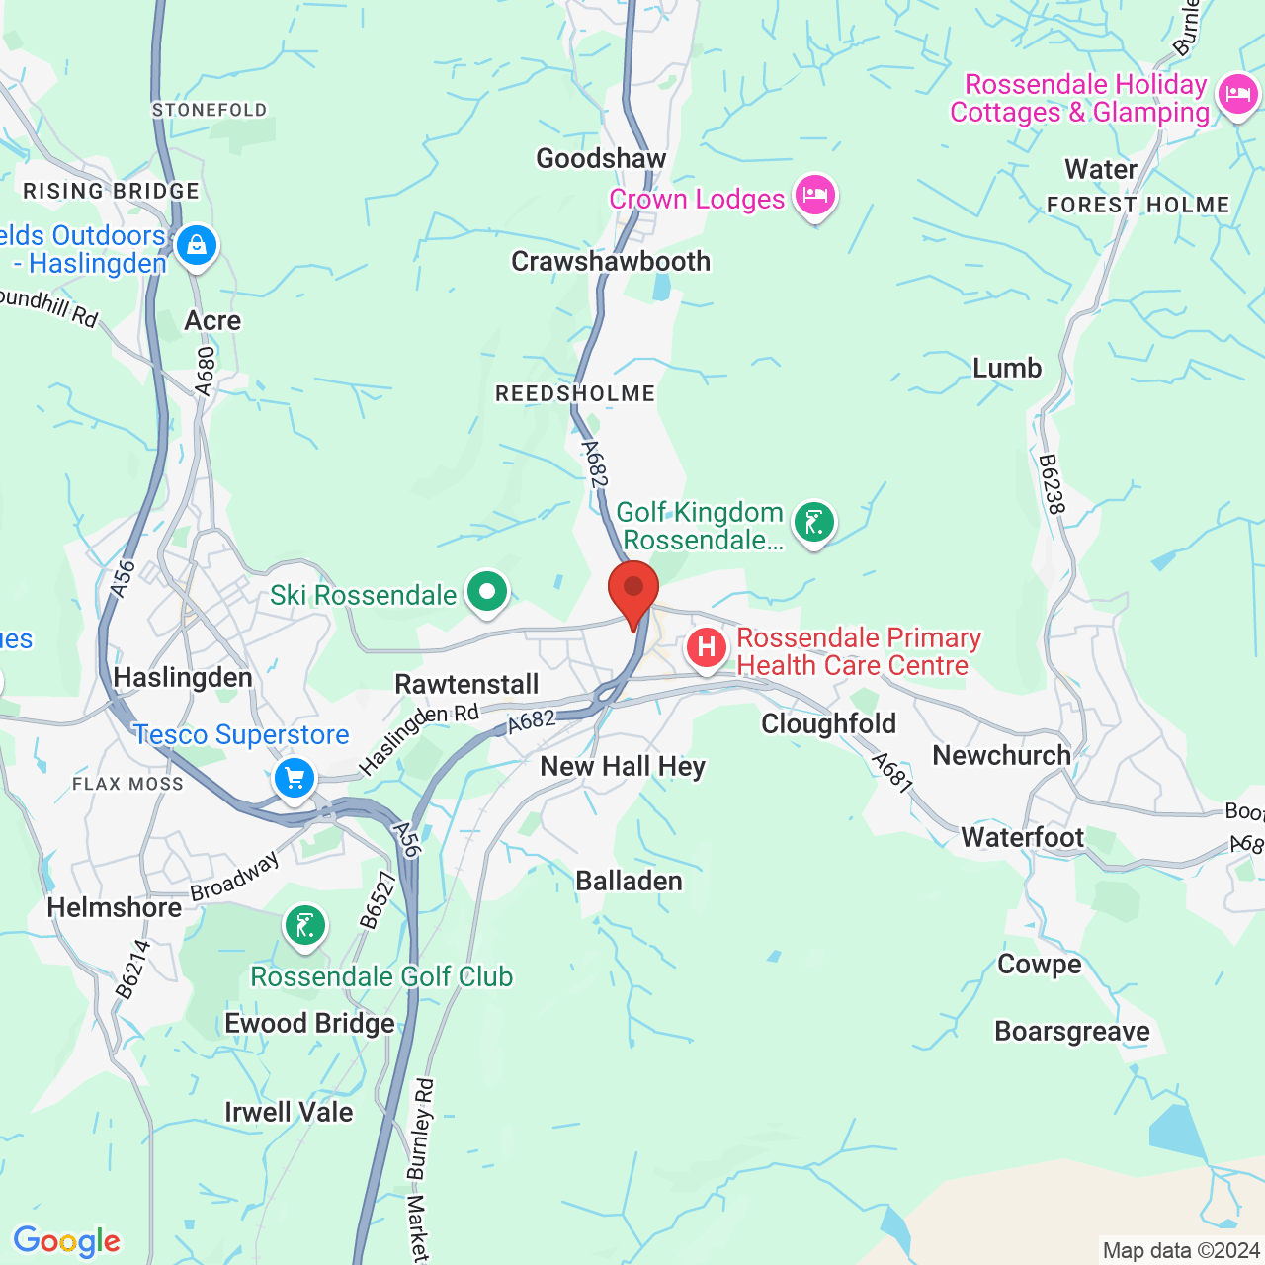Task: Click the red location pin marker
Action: [633, 589]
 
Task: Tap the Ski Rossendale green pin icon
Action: [486, 593]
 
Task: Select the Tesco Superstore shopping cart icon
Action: [295, 779]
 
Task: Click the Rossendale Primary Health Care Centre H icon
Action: [707, 648]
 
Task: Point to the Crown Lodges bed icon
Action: [815, 195]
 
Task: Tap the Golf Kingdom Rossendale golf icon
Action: [814, 523]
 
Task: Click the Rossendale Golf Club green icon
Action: [305, 926]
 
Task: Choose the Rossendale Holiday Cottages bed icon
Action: [1237, 96]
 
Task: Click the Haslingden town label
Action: [183, 678]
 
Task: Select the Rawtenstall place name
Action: [466, 684]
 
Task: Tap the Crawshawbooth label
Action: [611, 261]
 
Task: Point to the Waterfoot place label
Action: [1023, 838]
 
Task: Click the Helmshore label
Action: [115, 907]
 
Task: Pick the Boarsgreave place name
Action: [1072, 1031]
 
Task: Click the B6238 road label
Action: [1053, 483]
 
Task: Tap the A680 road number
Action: [205, 371]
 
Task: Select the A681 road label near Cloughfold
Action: [892, 773]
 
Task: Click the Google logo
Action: [66, 1241]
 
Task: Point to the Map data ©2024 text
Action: [1181, 1250]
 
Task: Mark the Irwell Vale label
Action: [289, 1112]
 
